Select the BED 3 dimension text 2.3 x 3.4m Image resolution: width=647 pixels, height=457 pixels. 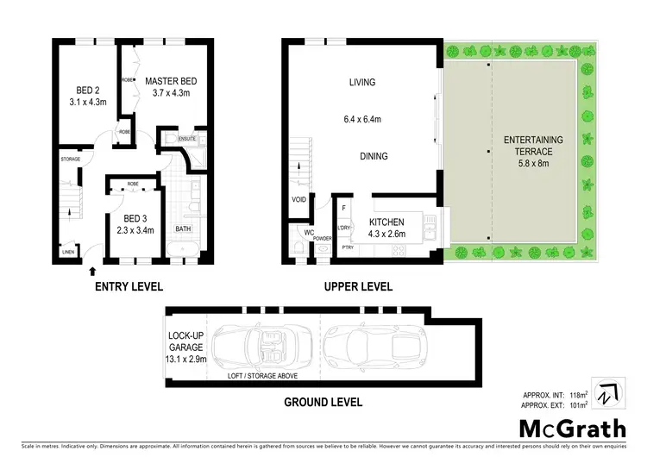pos(135,229)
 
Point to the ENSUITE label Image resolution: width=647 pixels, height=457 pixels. pos(187,138)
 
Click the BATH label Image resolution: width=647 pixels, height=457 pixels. pos(183,228)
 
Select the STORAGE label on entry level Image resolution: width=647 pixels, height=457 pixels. pos(70,160)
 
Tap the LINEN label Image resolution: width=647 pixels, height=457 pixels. pos(68,252)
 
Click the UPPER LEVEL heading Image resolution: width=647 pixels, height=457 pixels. pos(357,286)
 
